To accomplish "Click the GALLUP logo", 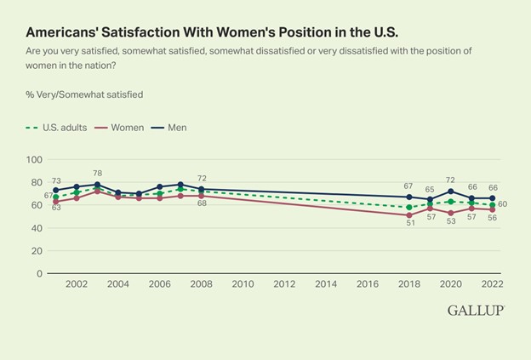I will (477, 311).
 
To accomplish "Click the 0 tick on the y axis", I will (40, 274).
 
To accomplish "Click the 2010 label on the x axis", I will (243, 284).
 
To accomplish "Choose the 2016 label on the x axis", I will (368, 284).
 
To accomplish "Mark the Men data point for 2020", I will (451, 191).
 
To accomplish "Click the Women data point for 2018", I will (409, 215).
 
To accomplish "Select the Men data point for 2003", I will (97, 185).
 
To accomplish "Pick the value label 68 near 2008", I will (203, 204).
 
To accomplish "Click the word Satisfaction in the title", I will (125, 32).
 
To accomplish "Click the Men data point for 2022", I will (493, 198).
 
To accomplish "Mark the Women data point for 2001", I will (56, 202).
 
